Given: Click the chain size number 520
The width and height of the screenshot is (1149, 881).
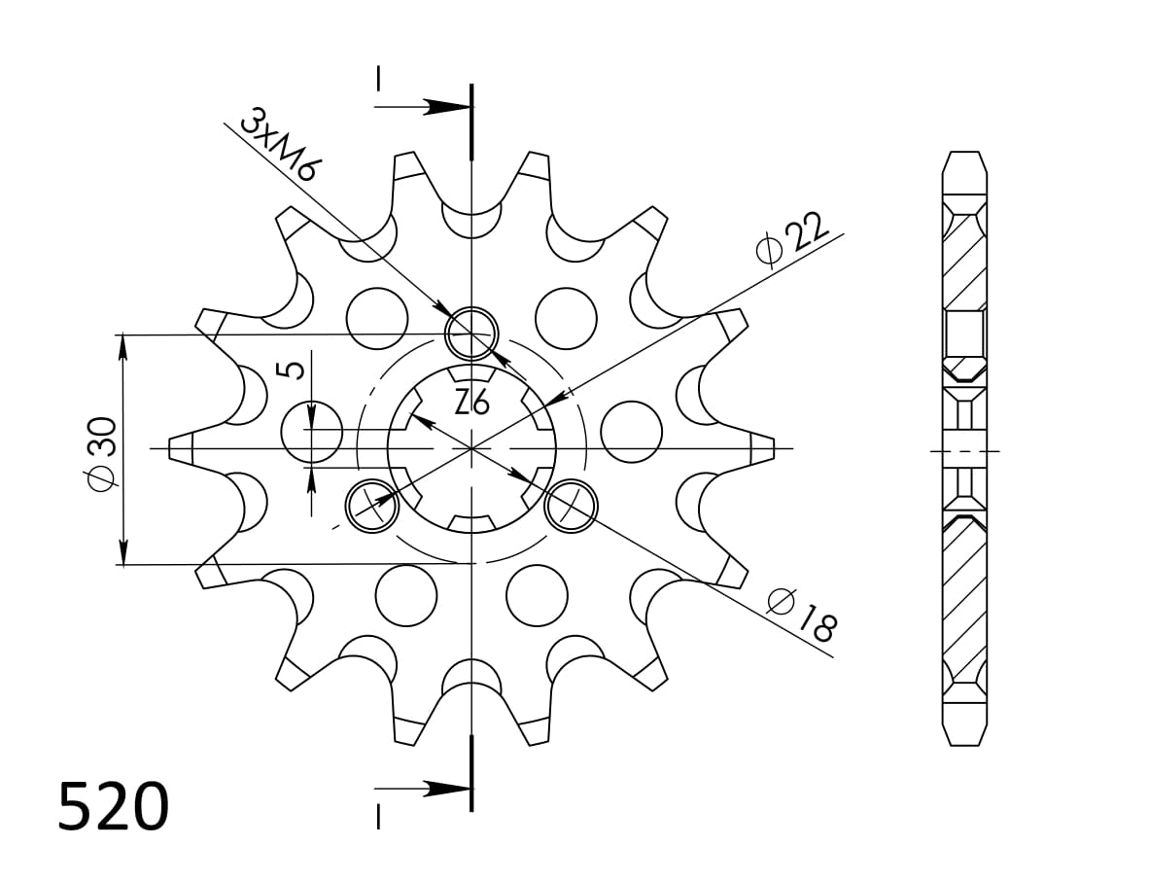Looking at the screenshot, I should pyautogui.click(x=114, y=807).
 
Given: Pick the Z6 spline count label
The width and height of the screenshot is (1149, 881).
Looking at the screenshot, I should pyautogui.click(x=471, y=401).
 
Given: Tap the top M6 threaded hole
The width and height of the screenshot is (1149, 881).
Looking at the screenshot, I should pyautogui.click(x=471, y=333).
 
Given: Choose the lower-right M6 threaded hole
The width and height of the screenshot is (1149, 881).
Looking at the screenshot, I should pyautogui.click(x=570, y=506).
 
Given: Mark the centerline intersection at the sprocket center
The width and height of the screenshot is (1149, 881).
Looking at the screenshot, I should pyautogui.click(x=471, y=448).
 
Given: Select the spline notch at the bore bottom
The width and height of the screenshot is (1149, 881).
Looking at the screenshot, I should pyautogui.click(x=471, y=523).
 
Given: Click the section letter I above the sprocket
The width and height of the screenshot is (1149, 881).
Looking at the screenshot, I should pyautogui.click(x=378, y=78).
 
